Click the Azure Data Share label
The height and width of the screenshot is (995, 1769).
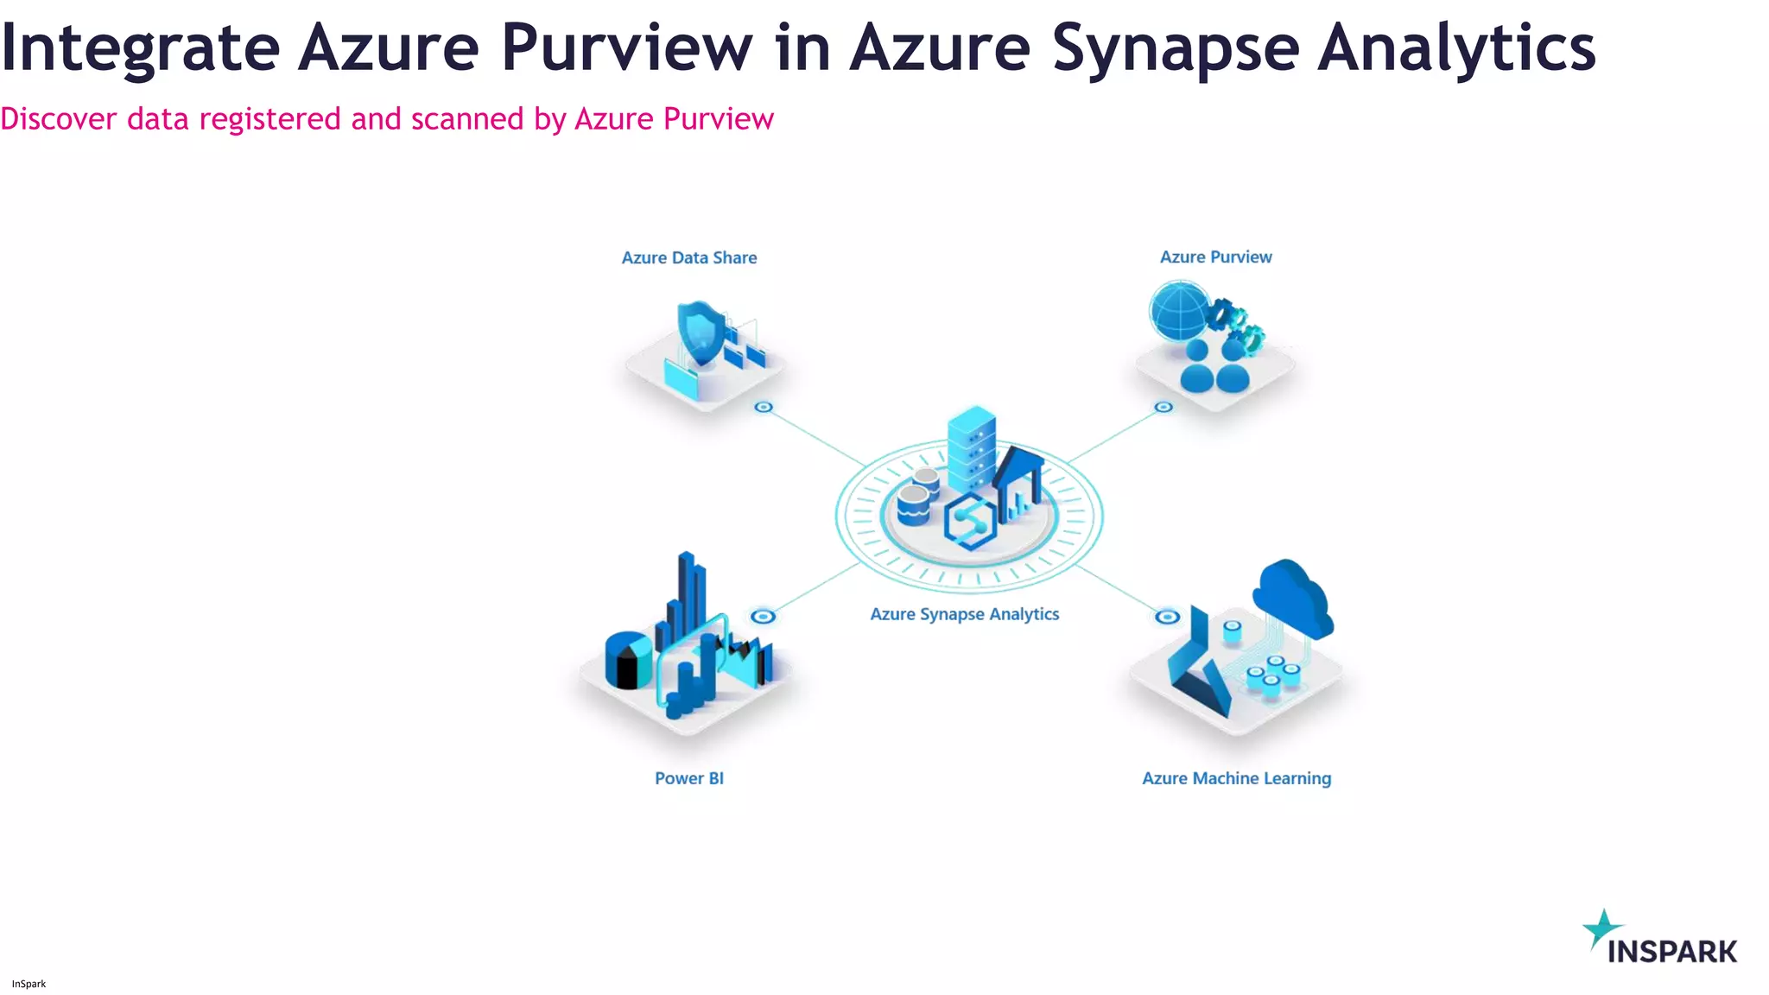(x=689, y=257)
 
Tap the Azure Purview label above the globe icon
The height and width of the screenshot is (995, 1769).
(x=1215, y=257)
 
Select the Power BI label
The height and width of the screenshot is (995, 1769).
(x=688, y=778)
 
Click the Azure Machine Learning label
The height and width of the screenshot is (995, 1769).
(x=1236, y=778)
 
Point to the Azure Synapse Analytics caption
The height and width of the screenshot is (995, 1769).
(x=964, y=614)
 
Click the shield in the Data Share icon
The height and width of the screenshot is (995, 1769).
(x=701, y=332)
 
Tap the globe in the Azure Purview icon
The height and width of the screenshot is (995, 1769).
(x=1179, y=311)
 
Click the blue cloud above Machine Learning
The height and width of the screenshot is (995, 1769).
(x=1292, y=595)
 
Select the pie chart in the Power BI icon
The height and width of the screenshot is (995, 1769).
(x=628, y=660)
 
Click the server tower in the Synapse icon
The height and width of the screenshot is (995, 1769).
(x=971, y=449)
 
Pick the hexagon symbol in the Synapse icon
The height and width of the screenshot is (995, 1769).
(x=969, y=522)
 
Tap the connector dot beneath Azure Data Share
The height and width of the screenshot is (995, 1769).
(x=764, y=407)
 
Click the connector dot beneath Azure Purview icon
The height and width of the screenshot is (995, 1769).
(x=1163, y=407)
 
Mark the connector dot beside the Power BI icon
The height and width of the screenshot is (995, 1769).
(x=763, y=616)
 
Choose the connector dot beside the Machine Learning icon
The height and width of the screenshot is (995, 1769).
(x=1167, y=616)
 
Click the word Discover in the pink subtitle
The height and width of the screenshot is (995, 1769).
(x=58, y=119)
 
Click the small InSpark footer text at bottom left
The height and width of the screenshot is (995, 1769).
(x=29, y=984)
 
